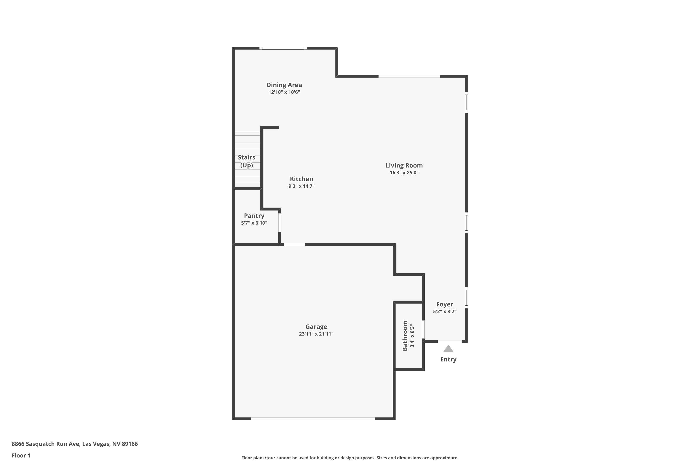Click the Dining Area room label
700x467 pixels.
point(284,85)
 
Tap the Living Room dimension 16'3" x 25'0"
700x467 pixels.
point(404,173)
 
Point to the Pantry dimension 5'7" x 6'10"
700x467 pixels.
point(254,223)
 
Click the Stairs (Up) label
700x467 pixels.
point(246,161)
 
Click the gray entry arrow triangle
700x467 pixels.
point(448,349)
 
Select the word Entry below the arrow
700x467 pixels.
point(448,359)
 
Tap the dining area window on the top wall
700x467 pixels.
point(283,48)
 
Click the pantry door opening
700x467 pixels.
point(280,223)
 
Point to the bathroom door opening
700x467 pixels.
point(423,329)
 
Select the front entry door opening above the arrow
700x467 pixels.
point(449,342)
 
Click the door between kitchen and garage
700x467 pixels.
point(294,244)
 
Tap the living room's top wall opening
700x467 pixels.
point(409,76)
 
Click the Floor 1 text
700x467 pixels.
point(21,455)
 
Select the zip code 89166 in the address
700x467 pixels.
point(130,444)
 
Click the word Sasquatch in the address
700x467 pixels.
point(40,444)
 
